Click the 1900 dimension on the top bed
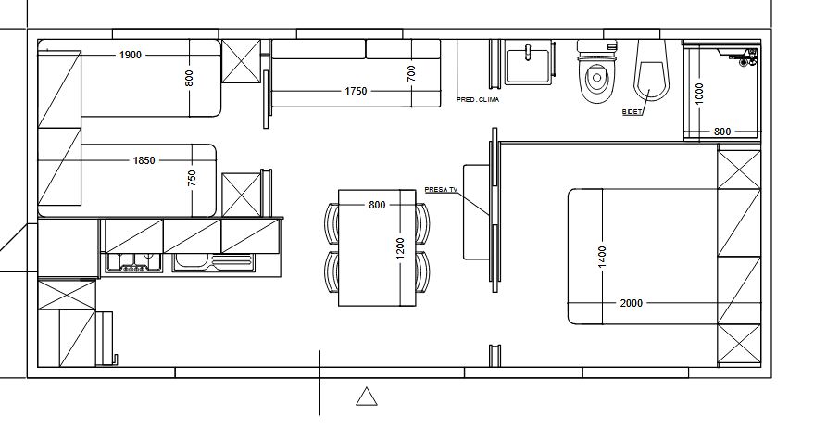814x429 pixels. click(x=131, y=55)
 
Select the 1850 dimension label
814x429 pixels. click(x=144, y=160)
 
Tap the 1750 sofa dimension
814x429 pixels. click(x=356, y=91)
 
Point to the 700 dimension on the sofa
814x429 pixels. click(x=412, y=73)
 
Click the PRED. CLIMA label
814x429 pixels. click(x=478, y=99)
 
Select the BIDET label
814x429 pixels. click(x=632, y=112)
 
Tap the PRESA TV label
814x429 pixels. click(x=441, y=190)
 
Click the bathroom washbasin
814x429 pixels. click(x=528, y=66)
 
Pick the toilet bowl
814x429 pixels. click(x=597, y=72)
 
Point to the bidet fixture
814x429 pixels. click(x=650, y=70)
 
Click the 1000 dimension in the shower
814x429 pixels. click(x=699, y=94)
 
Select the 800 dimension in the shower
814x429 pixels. click(x=722, y=132)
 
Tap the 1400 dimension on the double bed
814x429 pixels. click(x=602, y=257)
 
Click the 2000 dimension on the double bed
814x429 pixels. click(x=632, y=303)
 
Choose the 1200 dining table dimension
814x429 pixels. click(x=400, y=250)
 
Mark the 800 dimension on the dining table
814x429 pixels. click(x=377, y=205)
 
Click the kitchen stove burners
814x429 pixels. click(x=134, y=263)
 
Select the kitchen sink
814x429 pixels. click(x=214, y=262)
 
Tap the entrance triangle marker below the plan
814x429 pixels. click(x=367, y=397)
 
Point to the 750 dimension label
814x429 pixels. click(x=192, y=178)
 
